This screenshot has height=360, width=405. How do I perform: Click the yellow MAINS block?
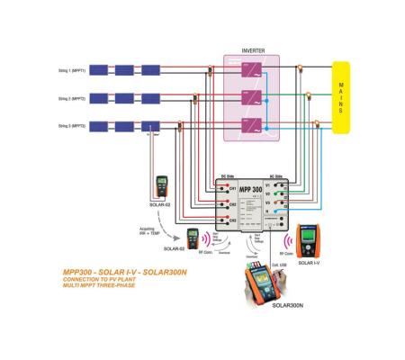pos(341,96)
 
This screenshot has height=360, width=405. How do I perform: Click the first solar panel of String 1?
pos(99,68)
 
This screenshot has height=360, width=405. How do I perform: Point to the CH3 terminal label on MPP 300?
pos(232,220)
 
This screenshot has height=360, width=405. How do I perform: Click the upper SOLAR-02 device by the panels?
pos(163,187)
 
